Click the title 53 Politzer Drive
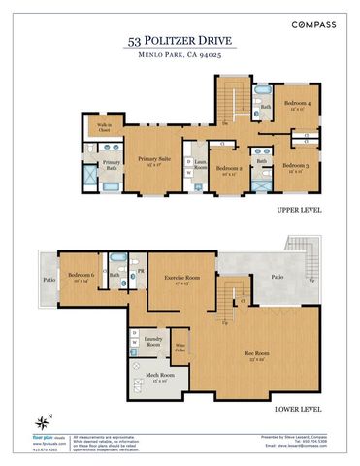click(x=180, y=41)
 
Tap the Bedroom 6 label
click(x=82, y=276)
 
